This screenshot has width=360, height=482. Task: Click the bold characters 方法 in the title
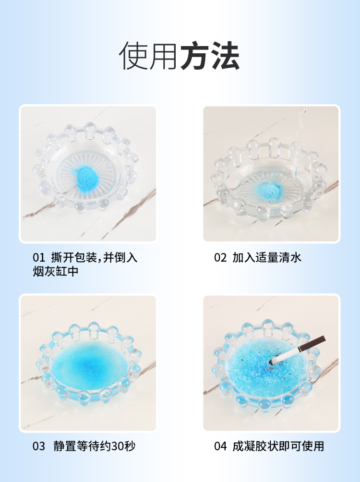(x=210, y=56)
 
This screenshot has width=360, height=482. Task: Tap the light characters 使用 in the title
(x=149, y=56)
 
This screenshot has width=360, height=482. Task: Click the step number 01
(x=39, y=258)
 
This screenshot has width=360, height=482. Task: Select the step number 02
(x=220, y=258)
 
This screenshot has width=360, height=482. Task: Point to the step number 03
(x=39, y=446)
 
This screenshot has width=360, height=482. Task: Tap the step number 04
(x=220, y=446)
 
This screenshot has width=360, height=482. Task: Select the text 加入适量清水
(x=266, y=258)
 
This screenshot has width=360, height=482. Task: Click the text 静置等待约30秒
(x=95, y=446)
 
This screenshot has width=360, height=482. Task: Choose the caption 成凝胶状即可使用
(x=278, y=446)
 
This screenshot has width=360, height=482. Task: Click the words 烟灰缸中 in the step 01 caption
(x=56, y=271)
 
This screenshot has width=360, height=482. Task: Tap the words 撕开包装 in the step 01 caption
(x=74, y=258)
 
